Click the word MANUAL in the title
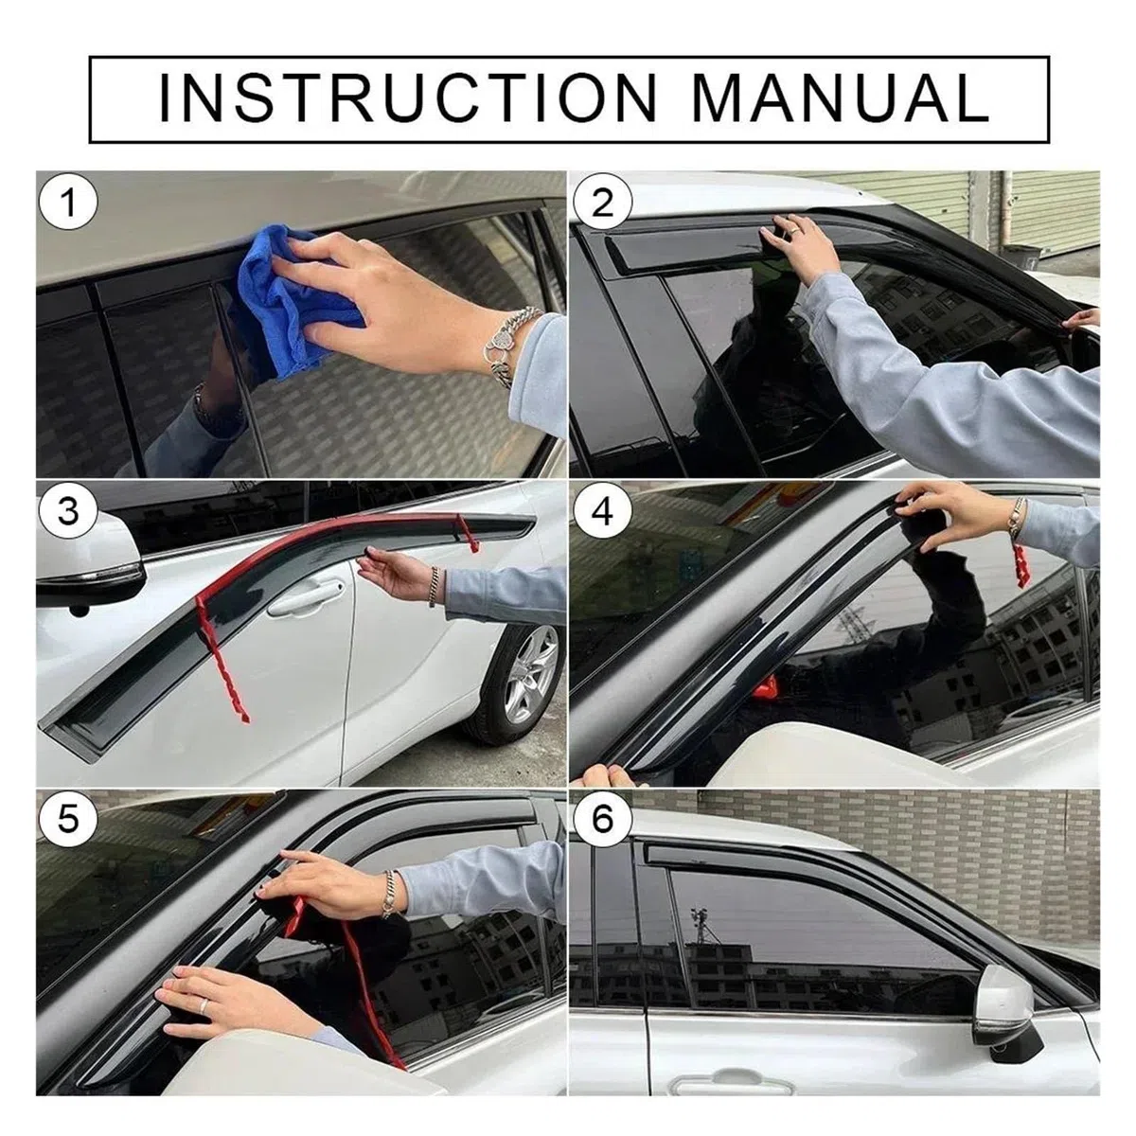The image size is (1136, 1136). click(842, 98)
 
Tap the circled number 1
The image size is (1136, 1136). click(68, 204)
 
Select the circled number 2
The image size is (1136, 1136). click(602, 204)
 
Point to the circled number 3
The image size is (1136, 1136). click(68, 511)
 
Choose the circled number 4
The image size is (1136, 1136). click(602, 511)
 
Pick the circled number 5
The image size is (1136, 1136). click(68, 820)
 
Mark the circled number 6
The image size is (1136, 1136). click(602, 820)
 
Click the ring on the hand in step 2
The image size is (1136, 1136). click(795, 231)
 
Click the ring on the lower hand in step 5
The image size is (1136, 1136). click(204, 1005)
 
